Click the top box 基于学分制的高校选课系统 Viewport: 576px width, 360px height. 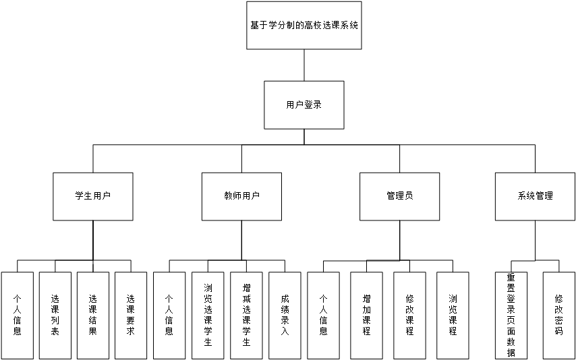[304, 26]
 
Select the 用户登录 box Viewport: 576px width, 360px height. [304, 104]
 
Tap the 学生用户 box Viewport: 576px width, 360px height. [93, 196]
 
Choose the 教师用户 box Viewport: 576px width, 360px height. [242, 196]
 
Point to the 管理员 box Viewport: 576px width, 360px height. [399, 196]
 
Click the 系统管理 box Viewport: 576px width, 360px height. [535, 196]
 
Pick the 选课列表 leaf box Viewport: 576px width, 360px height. [55, 315]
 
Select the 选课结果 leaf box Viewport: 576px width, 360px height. [93, 315]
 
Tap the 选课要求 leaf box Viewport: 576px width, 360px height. [131, 315]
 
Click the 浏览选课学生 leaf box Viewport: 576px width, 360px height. [208, 315]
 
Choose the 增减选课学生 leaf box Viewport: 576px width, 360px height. [246, 315]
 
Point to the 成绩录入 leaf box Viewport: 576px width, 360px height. [285, 315]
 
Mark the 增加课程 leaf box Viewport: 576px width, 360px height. [366, 315]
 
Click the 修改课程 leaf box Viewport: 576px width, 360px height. [409, 315]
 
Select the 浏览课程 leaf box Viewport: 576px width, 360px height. [453, 315]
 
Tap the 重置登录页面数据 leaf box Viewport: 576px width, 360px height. [511, 315]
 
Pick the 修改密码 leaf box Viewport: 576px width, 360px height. [558, 315]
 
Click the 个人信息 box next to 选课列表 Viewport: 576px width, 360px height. [17, 315]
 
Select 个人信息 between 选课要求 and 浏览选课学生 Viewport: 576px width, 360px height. [169, 315]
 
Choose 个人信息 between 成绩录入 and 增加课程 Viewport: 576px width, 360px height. [323, 315]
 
